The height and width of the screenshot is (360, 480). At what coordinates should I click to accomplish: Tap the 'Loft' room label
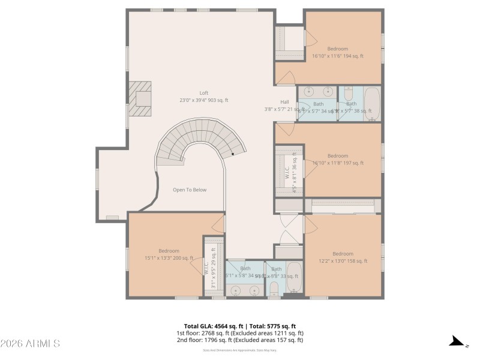click(x=204, y=93)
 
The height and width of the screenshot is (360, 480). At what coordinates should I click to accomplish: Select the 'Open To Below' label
click(x=190, y=190)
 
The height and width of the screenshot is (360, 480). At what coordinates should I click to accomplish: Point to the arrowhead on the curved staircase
click(x=233, y=154)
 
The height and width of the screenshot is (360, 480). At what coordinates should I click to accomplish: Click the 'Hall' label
click(x=284, y=101)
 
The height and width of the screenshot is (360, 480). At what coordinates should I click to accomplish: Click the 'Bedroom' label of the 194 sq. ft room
click(x=337, y=49)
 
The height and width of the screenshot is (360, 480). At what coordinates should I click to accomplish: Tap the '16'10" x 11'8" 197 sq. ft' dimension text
click(x=337, y=163)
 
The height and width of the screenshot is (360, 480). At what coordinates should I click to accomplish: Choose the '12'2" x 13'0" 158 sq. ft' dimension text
click(x=343, y=261)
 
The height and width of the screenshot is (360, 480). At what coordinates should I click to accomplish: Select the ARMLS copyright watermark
click(x=30, y=344)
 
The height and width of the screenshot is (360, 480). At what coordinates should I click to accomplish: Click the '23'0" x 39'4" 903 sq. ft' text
click(x=204, y=100)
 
